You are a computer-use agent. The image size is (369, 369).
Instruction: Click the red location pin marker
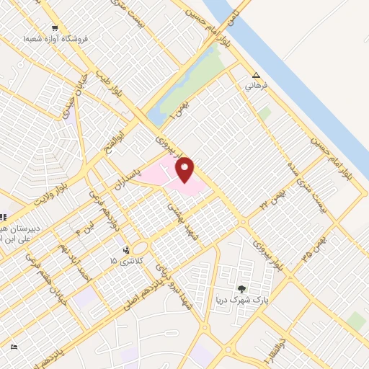185,170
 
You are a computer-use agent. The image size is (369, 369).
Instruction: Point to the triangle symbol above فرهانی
256,75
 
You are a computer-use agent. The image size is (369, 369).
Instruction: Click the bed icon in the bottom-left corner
15,347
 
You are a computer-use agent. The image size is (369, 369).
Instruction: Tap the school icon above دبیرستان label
3,218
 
